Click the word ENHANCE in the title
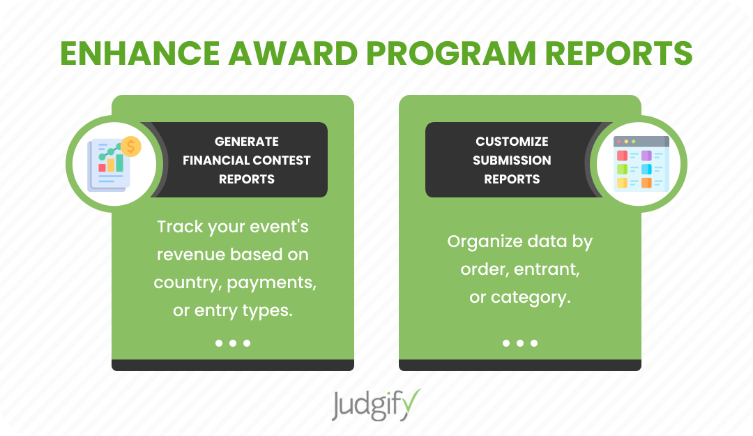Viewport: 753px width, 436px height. coord(140,53)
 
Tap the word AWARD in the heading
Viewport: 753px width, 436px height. coord(293,53)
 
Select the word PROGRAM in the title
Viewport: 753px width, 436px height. coord(451,53)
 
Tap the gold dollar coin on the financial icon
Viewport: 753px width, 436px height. coord(130,146)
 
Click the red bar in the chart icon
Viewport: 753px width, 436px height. coord(102,167)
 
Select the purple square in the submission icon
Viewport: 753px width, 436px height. coord(646,156)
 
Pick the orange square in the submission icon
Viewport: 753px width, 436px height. coord(646,183)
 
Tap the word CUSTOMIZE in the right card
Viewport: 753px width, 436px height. coord(512,142)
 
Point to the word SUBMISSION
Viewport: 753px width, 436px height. coord(512,160)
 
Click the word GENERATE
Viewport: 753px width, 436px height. coord(247,142)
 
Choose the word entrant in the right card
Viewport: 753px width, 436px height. coord(547,269)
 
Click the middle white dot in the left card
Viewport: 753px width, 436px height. coord(233,343)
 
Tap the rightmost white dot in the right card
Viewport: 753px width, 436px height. coord(534,343)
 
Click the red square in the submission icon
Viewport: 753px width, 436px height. coord(622,156)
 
